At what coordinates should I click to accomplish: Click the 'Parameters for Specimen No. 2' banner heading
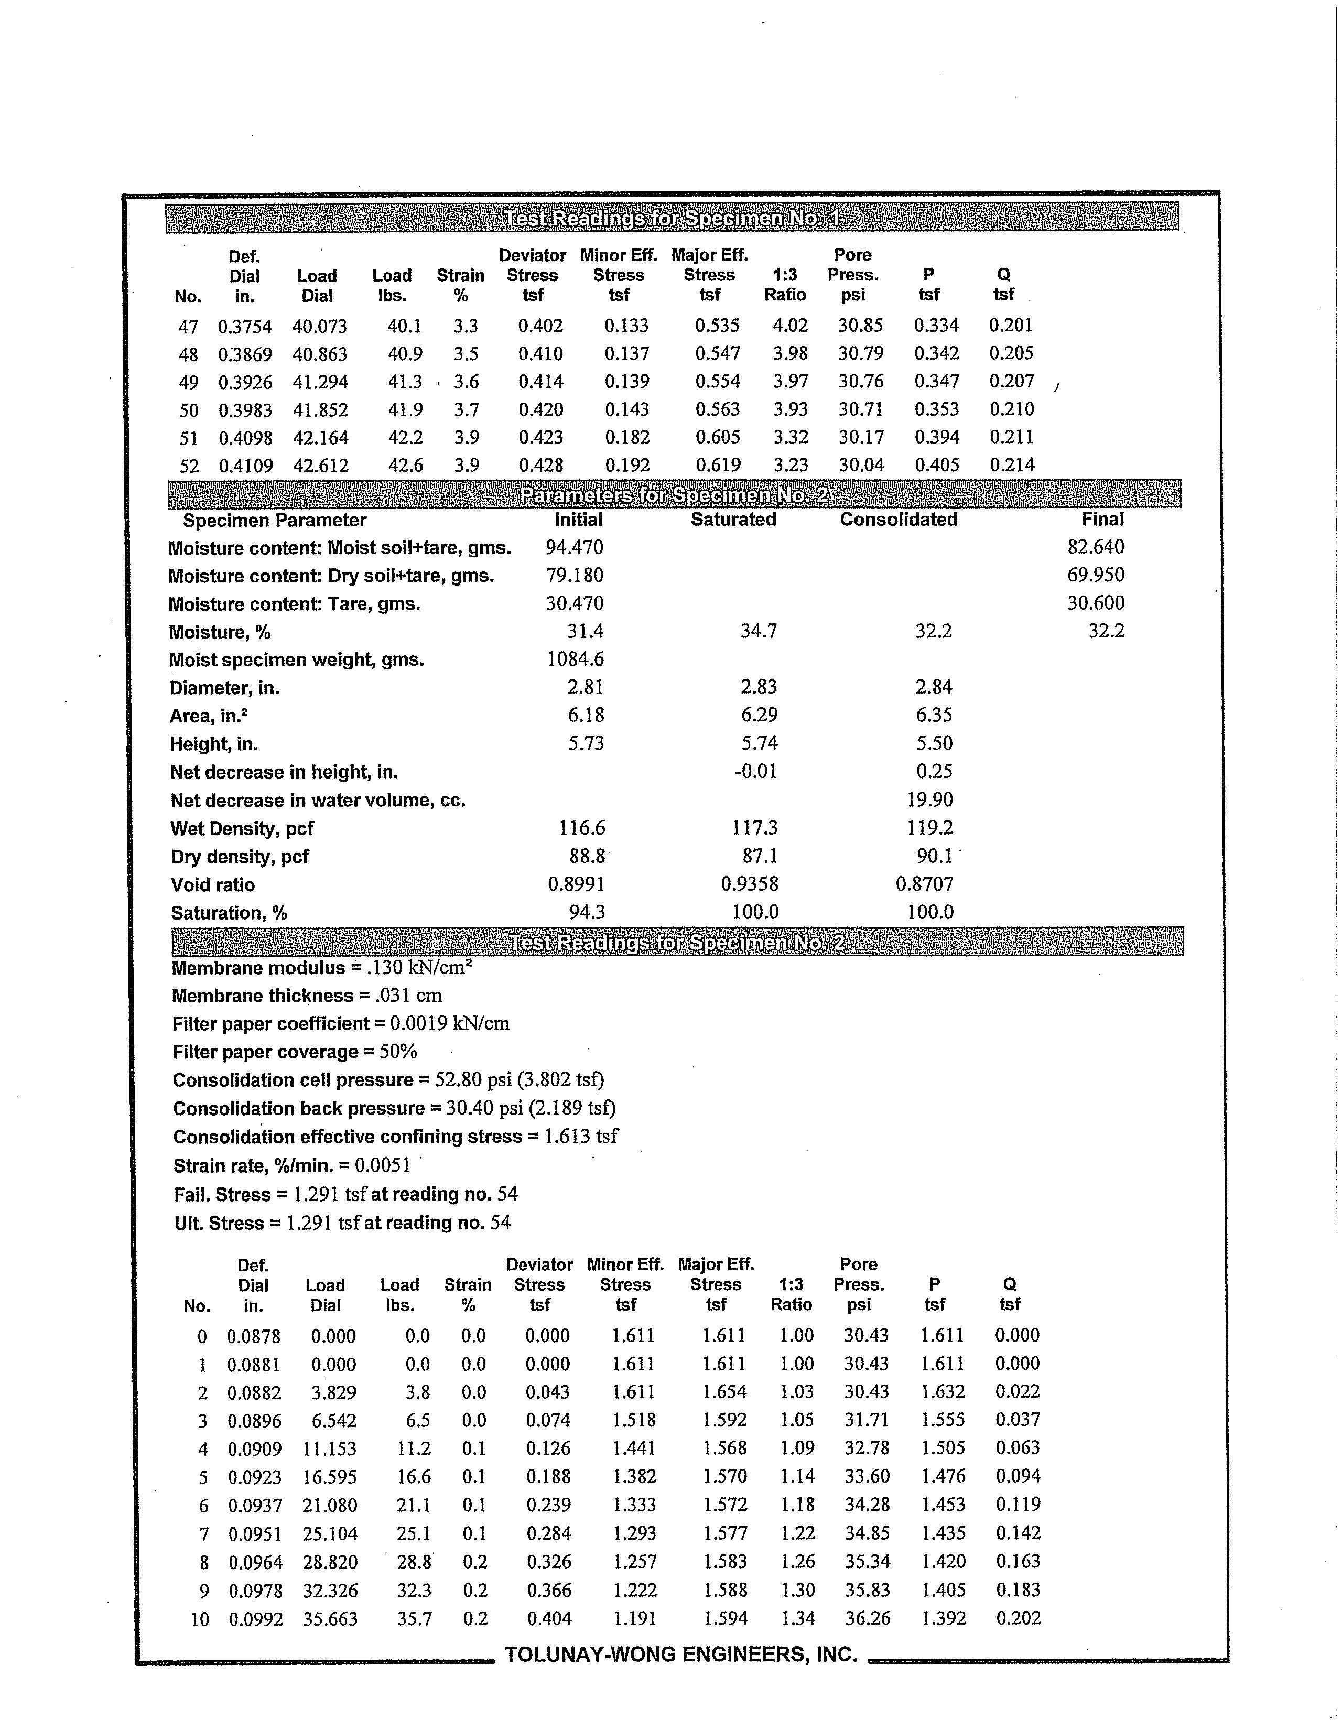coord(674,495)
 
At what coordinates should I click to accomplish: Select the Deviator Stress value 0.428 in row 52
coord(541,465)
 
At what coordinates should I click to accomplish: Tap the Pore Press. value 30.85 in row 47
coord(860,325)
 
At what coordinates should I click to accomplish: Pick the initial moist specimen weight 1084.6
coord(575,659)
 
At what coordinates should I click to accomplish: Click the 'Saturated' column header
coord(733,520)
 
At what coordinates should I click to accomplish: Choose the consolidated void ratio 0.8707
coord(925,884)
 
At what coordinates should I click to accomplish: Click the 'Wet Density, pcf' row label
coord(242,828)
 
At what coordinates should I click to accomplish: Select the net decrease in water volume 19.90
coord(929,800)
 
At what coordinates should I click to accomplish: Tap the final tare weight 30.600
coord(1096,603)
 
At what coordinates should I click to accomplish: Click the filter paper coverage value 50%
coord(398,1052)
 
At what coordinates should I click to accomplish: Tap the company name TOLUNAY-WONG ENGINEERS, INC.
coord(681,1655)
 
